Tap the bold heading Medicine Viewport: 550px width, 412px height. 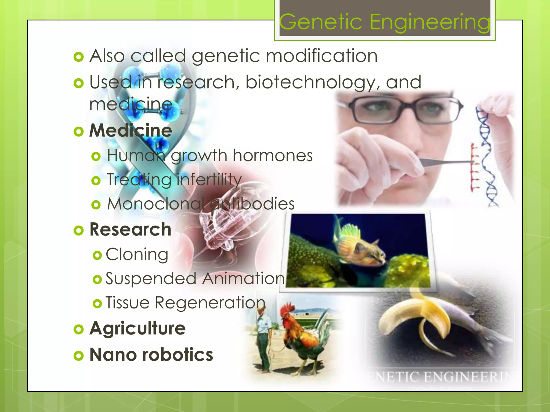[x=131, y=131]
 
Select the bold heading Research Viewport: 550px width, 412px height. [x=130, y=230]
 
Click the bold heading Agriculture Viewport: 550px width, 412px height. [x=137, y=329]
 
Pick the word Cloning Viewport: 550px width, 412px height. [x=137, y=254]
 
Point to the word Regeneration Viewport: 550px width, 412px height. [x=210, y=303]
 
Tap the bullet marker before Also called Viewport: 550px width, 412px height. [x=78, y=57]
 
